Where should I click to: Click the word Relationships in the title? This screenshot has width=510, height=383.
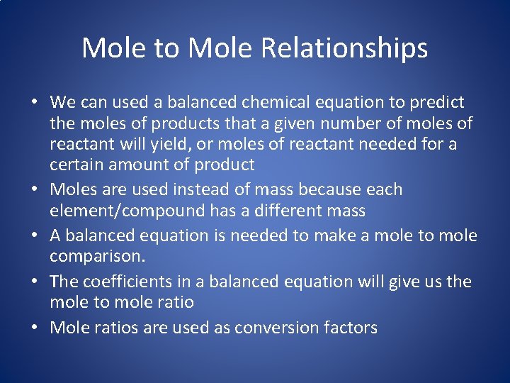pyautogui.click(x=344, y=48)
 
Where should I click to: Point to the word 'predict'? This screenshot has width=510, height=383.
pyautogui.click(x=438, y=102)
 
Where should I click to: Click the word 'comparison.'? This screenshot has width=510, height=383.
pyautogui.click(x=92, y=256)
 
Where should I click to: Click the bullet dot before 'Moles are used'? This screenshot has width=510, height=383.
pyautogui.click(x=35, y=191)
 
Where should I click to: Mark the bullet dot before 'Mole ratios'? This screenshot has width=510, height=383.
pyautogui.click(x=35, y=328)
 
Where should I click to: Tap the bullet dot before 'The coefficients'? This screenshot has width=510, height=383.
pyautogui.click(x=35, y=282)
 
